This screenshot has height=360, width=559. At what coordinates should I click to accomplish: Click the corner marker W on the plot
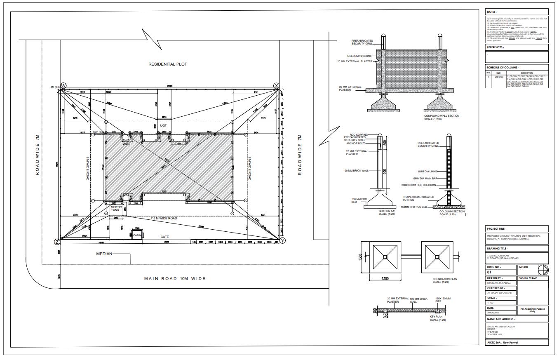63,85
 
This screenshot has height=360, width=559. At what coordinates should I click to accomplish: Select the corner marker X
277,85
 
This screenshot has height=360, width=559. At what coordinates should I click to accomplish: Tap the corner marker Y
282,240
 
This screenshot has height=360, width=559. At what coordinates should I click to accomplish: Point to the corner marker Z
57,242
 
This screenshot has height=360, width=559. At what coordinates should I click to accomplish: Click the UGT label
163,125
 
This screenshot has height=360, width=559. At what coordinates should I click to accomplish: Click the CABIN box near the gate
138,235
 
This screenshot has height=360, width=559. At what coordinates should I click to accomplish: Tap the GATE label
164,237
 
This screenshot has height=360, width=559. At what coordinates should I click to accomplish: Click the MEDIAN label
104,254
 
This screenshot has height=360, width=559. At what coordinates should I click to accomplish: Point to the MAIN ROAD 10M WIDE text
175,278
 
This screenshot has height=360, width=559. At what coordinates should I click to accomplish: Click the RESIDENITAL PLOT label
168,64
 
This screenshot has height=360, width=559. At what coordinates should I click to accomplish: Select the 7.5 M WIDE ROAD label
164,218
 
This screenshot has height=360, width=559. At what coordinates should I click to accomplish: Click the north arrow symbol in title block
543,270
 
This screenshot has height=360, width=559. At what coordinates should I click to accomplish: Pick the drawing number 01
489,272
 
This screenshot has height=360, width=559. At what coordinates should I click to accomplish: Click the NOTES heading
492,12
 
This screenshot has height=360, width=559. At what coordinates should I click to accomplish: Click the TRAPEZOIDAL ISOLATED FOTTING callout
415,198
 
